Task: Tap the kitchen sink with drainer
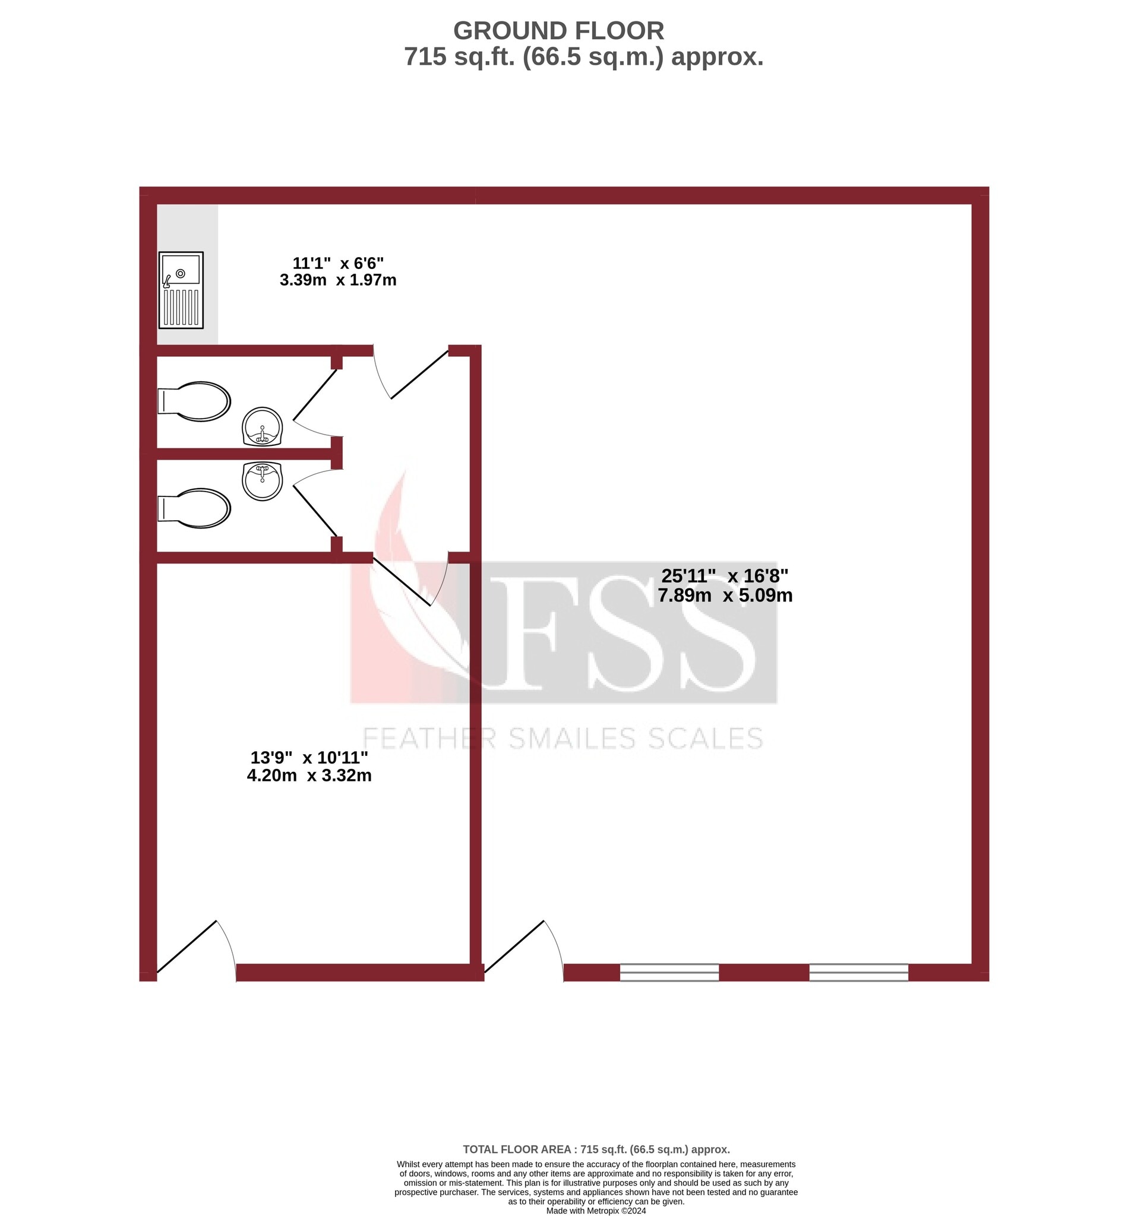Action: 181,290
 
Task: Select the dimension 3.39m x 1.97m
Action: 337,280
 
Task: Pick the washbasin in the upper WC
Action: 263,426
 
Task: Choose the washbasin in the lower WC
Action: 263,481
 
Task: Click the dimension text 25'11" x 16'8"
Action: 725,575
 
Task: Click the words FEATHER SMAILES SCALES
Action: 563,739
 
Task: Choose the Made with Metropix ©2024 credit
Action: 596,1211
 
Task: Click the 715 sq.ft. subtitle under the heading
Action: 583,58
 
